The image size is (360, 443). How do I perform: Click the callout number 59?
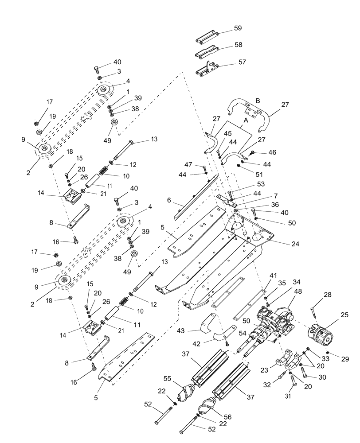(x=238, y=29)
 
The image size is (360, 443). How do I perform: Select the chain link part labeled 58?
(x=207, y=54)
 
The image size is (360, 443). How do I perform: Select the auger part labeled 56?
(x=207, y=407)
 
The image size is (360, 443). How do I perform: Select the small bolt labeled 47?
(x=205, y=169)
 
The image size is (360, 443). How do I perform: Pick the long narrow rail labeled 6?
(x=195, y=197)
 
